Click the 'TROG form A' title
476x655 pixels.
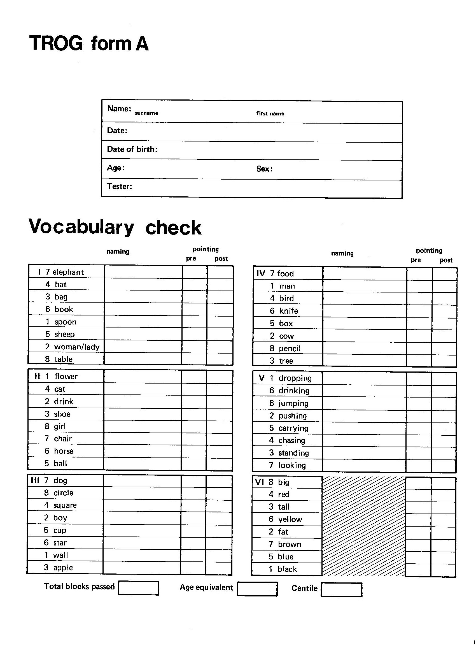point(89,43)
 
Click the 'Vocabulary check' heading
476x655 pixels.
point(115,227)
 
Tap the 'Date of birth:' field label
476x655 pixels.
point(132,149)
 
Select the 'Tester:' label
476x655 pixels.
point(119,186)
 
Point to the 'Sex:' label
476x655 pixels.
point(264,169)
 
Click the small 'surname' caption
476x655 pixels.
point(146,113)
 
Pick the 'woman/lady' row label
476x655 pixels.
point(77,347)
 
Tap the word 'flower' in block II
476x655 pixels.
point(66,376)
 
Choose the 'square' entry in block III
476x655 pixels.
point(65,505)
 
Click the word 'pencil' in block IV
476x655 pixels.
point(290,349)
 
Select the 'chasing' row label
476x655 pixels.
point(291,440)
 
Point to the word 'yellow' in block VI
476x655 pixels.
point(290,519)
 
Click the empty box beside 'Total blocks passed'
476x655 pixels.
point(138,588)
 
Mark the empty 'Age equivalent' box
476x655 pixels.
point(257,589)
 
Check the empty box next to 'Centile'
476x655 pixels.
point(341,589)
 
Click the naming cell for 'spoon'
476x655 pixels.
point(143,321)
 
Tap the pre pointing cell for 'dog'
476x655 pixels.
point(193,481)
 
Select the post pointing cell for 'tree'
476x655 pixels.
point(444,361)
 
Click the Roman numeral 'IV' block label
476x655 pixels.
point(261,273)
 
